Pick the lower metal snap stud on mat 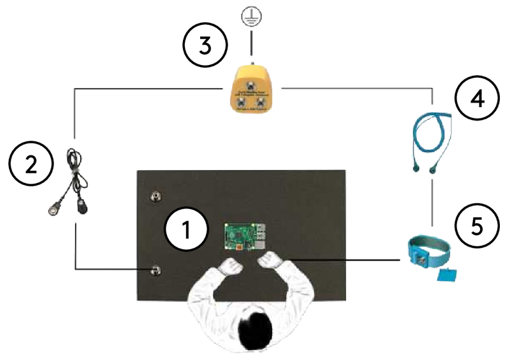tap(155, 272)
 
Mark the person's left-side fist tap(231, 265)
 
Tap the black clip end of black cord tap(83, 205)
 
